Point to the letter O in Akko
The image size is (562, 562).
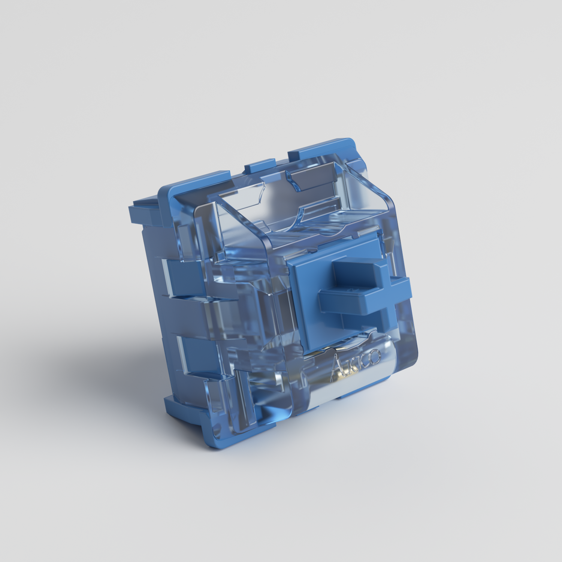(375, 356)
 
